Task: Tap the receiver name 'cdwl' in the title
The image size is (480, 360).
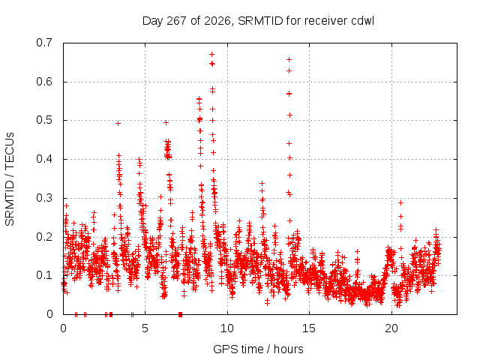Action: tap(362, 21)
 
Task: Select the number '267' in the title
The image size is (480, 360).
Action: tap(176, 21)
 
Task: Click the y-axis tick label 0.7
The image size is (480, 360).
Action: tap(44, 43)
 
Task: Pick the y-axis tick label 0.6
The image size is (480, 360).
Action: tap(44, 82)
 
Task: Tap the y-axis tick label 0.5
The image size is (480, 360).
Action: tap(44, 120)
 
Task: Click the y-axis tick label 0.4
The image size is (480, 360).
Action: tap(44, 159)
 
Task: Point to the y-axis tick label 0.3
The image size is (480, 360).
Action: tap(44, 198)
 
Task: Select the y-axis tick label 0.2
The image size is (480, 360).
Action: tap(44, 237)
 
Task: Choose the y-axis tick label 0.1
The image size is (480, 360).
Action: tap(44, 275)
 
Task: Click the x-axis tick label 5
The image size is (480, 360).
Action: tap(145, 328)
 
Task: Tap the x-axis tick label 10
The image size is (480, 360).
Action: tap(226, 328)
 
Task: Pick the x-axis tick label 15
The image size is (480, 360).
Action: tap(309, 328)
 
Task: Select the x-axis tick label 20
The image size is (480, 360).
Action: tap(391, 328)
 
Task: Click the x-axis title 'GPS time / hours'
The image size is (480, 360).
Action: tap(258, 349)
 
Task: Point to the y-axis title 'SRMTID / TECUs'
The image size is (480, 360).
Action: tap(10, 179)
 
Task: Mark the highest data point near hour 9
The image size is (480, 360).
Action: tap(211, 55)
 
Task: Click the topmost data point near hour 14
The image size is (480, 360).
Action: tap(289, 60)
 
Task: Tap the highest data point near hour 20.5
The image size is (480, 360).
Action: tap(400, 202)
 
